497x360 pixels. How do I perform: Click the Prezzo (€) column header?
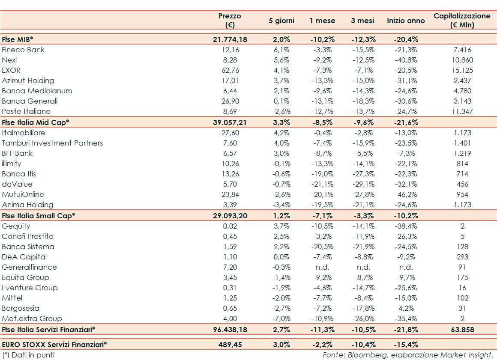click(x=230, y=20)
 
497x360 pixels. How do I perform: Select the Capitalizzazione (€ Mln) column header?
click(x=462, y=20)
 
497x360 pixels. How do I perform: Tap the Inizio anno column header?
click(x=406, y=21)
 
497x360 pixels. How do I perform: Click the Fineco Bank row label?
click(x=23, y=50)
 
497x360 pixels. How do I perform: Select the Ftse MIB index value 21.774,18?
click(x=230, y=39)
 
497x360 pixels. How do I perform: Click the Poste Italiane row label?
click(x=26, y=111)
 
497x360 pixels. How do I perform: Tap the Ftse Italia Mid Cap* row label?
click(x=36, y=122)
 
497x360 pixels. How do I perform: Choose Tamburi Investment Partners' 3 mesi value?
click(x=364, y=143)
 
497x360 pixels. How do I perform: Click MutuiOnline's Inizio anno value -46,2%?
click(x=406, y=194)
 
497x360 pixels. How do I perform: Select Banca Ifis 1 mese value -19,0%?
click(x=322, y=174)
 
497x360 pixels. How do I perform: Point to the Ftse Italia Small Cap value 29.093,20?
click(x=230, y=215)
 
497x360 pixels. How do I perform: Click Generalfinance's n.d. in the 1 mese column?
click(x=322, y=267)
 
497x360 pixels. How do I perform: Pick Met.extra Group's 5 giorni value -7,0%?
click(x=281, y=318)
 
